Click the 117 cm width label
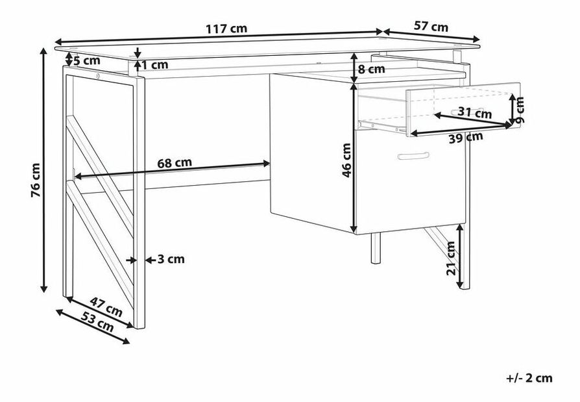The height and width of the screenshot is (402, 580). [226, 29]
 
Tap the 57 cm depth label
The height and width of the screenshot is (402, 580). [431, 26]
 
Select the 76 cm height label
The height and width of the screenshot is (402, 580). [35, 179]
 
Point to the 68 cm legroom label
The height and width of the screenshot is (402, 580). [175, 162]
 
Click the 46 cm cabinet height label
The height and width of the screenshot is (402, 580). [346, 160]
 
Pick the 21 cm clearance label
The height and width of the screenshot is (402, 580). [450, 258]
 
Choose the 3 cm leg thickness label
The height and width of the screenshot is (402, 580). [171, 260]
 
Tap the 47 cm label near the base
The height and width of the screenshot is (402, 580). [106, 307]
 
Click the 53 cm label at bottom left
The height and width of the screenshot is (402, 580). [98, 321]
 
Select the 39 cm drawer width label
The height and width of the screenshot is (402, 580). [466, 138]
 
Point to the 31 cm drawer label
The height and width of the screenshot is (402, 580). [475, 112]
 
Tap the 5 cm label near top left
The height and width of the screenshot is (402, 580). [87, 60]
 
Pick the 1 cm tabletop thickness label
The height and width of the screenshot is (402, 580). [155, 65]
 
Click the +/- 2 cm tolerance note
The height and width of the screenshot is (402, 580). [529, 378]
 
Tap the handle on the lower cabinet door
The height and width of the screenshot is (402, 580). [413, 156]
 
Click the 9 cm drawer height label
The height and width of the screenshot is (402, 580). [520, 110]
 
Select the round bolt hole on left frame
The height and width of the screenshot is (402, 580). [98, 75]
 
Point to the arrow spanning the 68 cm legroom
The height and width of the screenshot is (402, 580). [172, 170]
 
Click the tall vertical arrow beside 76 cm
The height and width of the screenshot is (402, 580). [43, 170]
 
